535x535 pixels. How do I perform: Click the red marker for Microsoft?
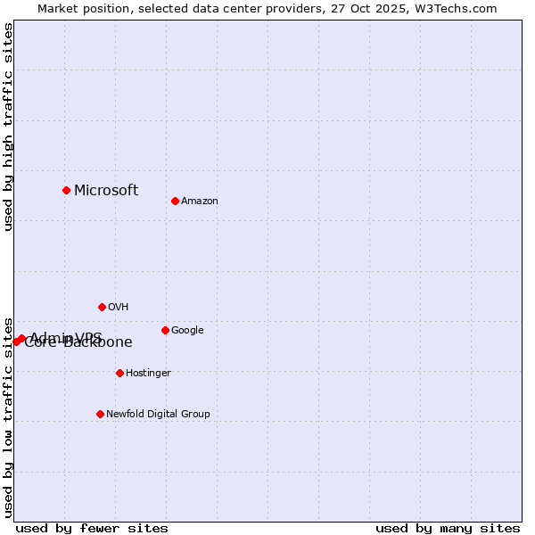(66, 190)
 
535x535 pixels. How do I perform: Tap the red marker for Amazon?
(175, 201)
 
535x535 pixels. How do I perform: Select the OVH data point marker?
(102, 307)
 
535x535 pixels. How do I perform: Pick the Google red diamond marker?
(165, 330)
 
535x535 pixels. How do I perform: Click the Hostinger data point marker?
(119, 373)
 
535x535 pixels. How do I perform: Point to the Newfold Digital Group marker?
(100, 414)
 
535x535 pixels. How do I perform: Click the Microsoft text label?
(106, 190)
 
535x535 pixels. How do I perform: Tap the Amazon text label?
(200, 202)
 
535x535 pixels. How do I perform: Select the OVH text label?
(119, 308)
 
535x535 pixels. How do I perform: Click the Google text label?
(187, 331)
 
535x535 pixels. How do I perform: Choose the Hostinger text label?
(148, 374)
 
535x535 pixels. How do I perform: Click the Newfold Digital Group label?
(158, 415)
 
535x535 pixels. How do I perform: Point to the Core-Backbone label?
(78, 343)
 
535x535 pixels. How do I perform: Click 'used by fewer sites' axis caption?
(92, 528)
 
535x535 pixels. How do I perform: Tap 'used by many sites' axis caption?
(448, 528)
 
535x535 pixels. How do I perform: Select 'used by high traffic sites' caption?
(8, 127)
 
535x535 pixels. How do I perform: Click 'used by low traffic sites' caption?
(8, 416)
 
